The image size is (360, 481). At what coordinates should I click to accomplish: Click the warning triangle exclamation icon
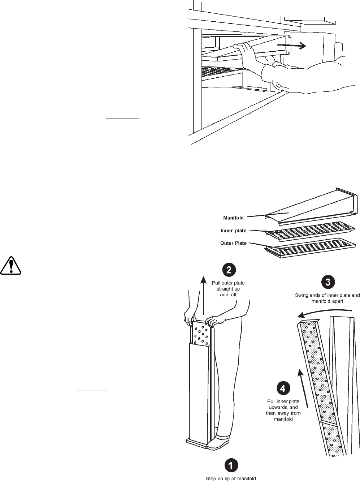click(x=11, y=266)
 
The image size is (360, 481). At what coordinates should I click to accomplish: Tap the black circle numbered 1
click(x=231, y=465)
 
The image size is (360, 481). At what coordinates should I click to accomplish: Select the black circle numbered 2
click(x=229, y=270)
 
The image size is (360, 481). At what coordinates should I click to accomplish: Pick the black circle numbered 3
click(x=328, y=282)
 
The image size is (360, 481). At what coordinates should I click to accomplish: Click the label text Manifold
click(x=233, y=218)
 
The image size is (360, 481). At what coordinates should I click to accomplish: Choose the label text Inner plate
click(x=233, y=231)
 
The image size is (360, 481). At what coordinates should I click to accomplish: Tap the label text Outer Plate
click(x=233, y=243)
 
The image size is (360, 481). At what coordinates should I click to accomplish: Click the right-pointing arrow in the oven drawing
click(x=292, y=46)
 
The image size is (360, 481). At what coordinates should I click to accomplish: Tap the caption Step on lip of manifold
click(x=231, y=478)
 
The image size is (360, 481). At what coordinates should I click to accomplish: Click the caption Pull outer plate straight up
click(x=228, y=289)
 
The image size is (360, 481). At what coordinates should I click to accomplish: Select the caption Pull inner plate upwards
click(x=283, y=410)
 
